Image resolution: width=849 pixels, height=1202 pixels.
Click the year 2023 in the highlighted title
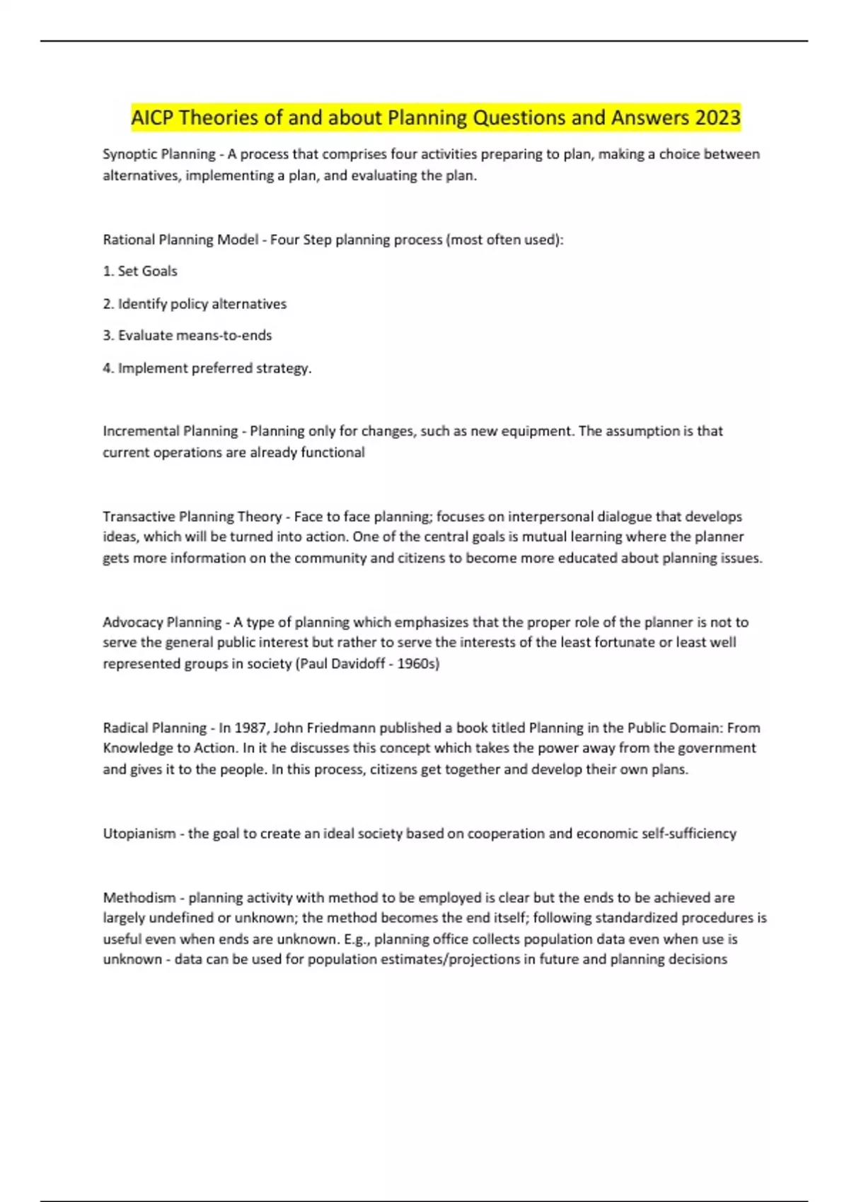tap(717, 117)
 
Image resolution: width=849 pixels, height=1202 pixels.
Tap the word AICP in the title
tap(153, 117)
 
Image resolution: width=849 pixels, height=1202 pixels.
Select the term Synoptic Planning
tap(159, 154)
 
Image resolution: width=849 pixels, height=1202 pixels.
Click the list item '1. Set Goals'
tap(140, 272)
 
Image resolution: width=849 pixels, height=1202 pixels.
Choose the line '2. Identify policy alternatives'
tap(195, 304)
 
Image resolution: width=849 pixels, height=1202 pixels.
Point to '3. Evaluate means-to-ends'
tap(187, 336)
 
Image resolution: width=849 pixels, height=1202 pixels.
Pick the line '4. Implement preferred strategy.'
tap(207, 368)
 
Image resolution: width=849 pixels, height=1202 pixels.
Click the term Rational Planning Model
tap(180, 240)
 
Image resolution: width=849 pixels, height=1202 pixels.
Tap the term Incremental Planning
tap(171, 431)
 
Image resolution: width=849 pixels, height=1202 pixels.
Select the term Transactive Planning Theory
tap(192, 517)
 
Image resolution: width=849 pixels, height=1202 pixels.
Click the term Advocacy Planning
tap(162, 622)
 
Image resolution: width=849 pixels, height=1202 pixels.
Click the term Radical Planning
tap(154, 728)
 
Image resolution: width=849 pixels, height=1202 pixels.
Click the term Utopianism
tap(139, 834)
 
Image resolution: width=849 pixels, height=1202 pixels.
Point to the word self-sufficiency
tap(688, 834)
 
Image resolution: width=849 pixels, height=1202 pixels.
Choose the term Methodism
tap(139, 898)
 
